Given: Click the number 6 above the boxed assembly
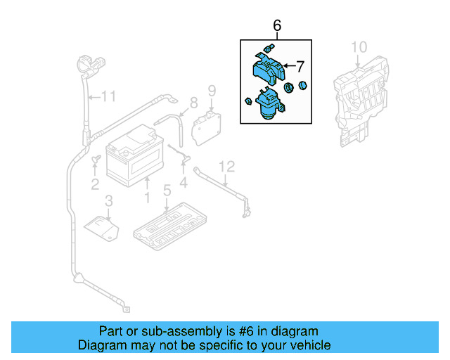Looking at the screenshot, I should (x=276, y=26).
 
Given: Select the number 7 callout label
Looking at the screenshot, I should (x=300, y=67).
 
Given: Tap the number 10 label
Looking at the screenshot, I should (x=359, y=47).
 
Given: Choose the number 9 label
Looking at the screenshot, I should (x=210, y=90).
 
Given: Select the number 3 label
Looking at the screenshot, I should (x=108, y=202).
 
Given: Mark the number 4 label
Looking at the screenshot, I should (x=184, y=185).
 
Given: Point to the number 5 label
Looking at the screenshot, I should (x=167, y=190).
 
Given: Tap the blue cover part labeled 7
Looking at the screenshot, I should (x=268, y=69).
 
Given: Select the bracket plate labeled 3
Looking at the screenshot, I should (x=102, y=226).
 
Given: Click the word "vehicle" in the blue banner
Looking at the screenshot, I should (x=307, y=345).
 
